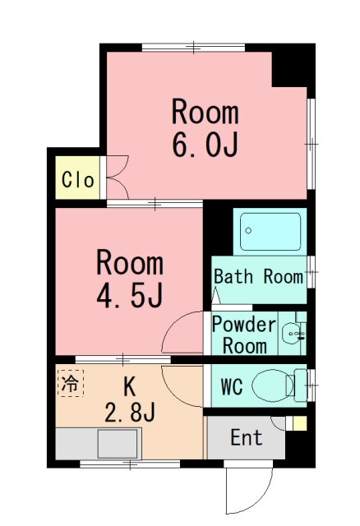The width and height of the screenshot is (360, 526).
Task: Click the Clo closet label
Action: [x=78, y=179]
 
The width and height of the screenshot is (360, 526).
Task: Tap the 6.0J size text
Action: [x=205, y=145]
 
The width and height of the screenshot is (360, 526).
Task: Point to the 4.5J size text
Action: [x=130, y=295]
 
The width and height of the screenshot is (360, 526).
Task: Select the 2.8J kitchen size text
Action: [x=130, y=413]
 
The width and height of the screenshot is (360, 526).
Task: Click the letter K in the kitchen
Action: [x=130, y=386]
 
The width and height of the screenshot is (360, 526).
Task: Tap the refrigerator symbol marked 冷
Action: [x=71, y=383]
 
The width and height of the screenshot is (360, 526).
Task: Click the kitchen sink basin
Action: [x=118, y=444]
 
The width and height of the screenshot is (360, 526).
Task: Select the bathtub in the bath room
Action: [x=270, y=232]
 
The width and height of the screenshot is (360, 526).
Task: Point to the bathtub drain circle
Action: [x=248, y=230]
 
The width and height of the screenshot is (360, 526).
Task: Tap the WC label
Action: [x=232, y=386]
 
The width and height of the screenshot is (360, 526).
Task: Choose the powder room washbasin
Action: [x=292, y=333]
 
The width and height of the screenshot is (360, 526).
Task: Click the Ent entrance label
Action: [x=247, y=437]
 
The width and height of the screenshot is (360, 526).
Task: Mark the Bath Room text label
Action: [x=258, y=277]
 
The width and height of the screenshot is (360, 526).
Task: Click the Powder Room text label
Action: [x=244, y=335]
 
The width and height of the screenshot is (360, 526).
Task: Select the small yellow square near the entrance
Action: [x=300, y=423]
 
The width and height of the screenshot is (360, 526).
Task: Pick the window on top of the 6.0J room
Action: [x=194, y=48]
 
